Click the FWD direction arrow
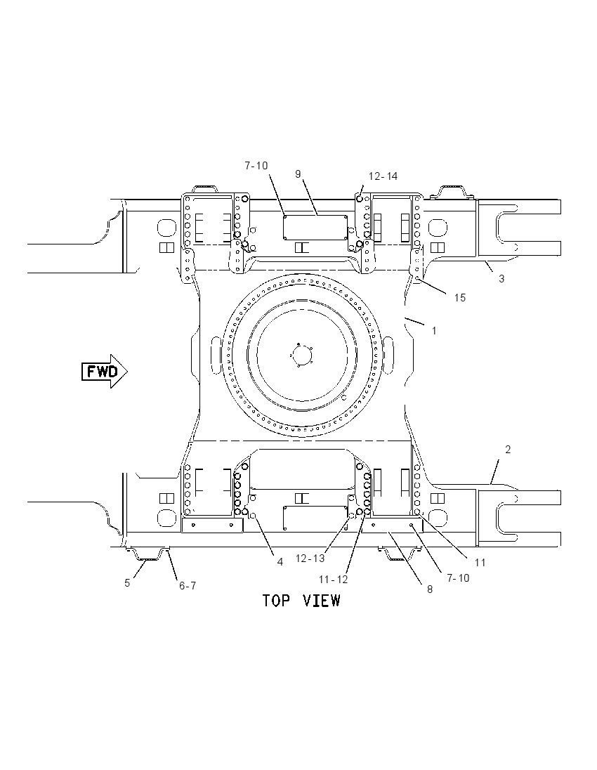(105, 371)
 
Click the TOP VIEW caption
(301, 600)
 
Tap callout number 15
(459, 298)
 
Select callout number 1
(434, 331)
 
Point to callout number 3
(501, 279)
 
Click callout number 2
(508, 450)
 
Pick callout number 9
(298, 174)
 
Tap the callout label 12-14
(383, 176)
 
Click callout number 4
(280, 562)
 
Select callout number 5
(127, 583)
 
